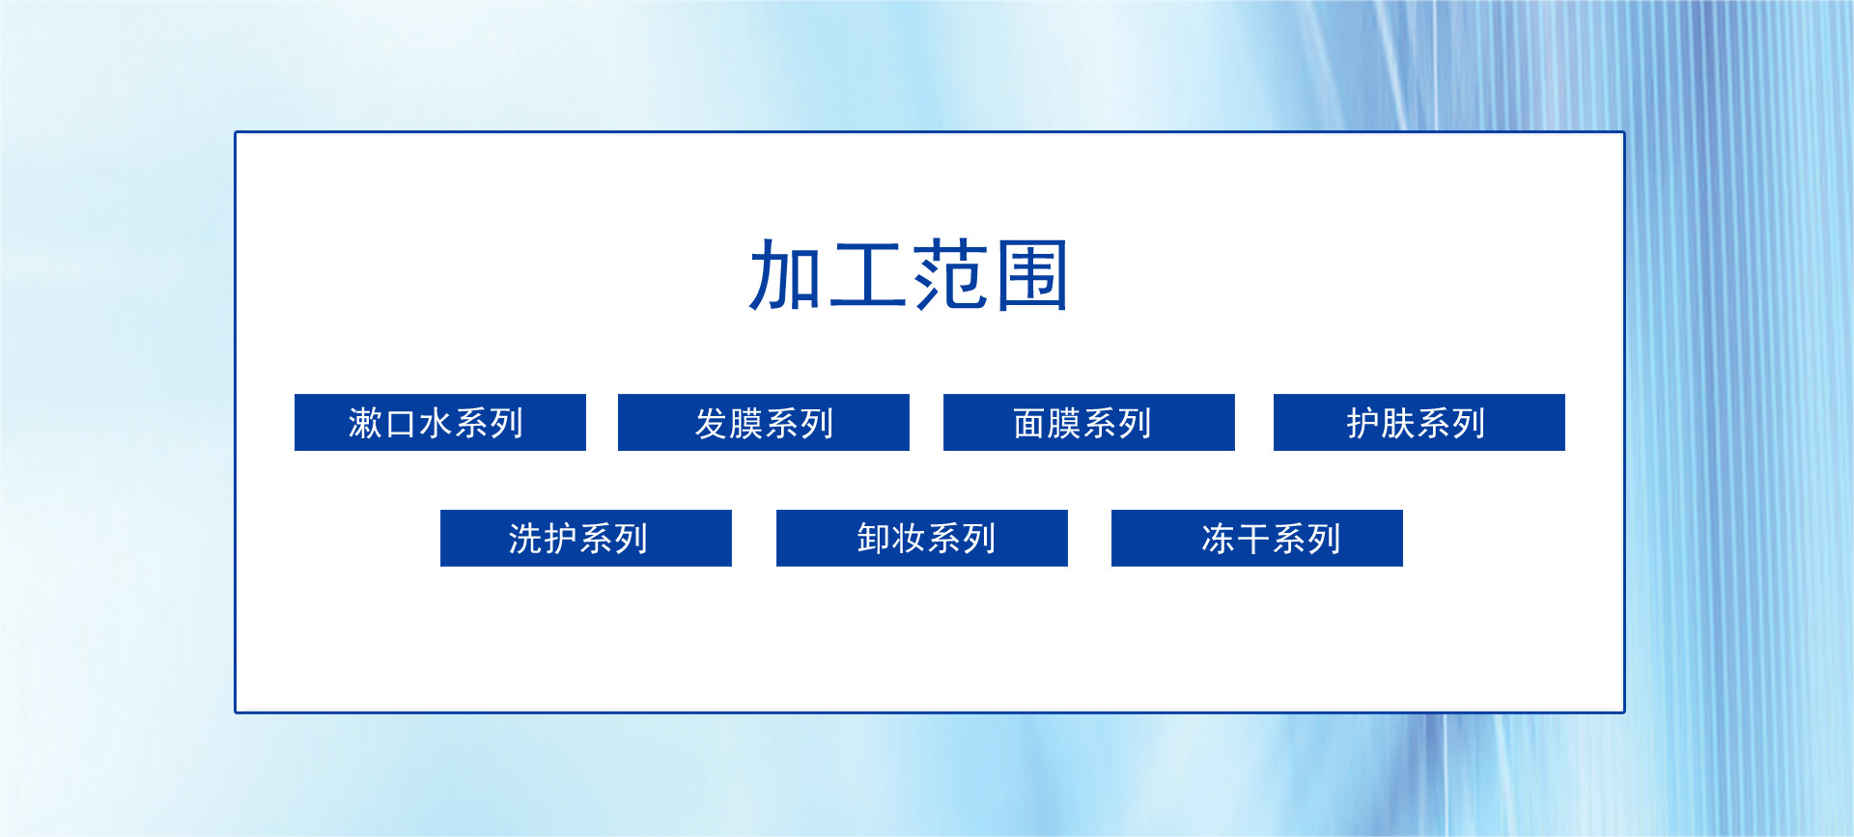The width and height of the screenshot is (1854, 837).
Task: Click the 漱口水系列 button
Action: pos(440,422)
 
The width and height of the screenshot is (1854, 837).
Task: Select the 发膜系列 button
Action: pos(764,422)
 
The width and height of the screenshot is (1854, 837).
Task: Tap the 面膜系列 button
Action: pos(1089,422)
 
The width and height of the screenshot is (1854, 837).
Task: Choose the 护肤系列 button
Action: pos(1419,422)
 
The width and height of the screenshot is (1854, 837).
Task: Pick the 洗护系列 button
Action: pos(586,538)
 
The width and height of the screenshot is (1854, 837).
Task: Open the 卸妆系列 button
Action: pos(922,538)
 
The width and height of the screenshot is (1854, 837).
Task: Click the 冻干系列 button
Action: pos(1257,538)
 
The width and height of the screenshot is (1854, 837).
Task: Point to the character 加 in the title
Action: pos(786,276)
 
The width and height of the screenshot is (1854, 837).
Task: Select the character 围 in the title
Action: pos(1032,276)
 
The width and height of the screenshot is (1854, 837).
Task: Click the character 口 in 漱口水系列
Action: pos(402,424)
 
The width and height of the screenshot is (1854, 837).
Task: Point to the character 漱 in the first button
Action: pos(366,423)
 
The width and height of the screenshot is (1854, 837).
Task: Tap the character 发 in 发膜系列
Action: pos(712,423)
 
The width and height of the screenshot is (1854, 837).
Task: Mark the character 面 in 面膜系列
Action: pos(1030,423)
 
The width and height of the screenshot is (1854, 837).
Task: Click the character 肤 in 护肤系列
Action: pos(1398,423)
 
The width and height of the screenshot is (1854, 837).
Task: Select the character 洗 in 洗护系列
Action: pos(526,539)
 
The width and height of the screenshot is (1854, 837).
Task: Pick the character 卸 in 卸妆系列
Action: pos(874,539)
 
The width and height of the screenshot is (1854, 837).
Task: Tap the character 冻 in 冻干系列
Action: pos(1219,539)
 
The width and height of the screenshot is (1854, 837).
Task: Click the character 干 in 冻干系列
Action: pos(1253,539)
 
